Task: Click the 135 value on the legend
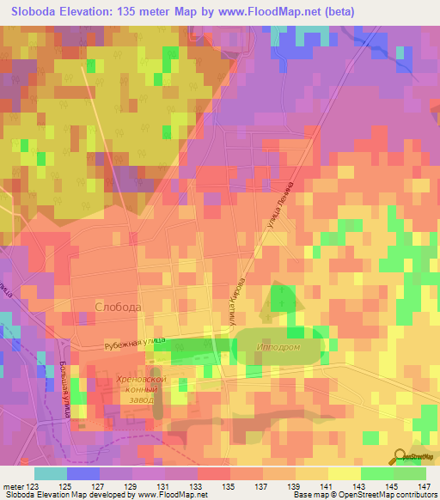click(x=229, y=485)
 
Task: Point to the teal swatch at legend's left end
click(x=50, y=473)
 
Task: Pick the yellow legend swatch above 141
click(x=344, y=473)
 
